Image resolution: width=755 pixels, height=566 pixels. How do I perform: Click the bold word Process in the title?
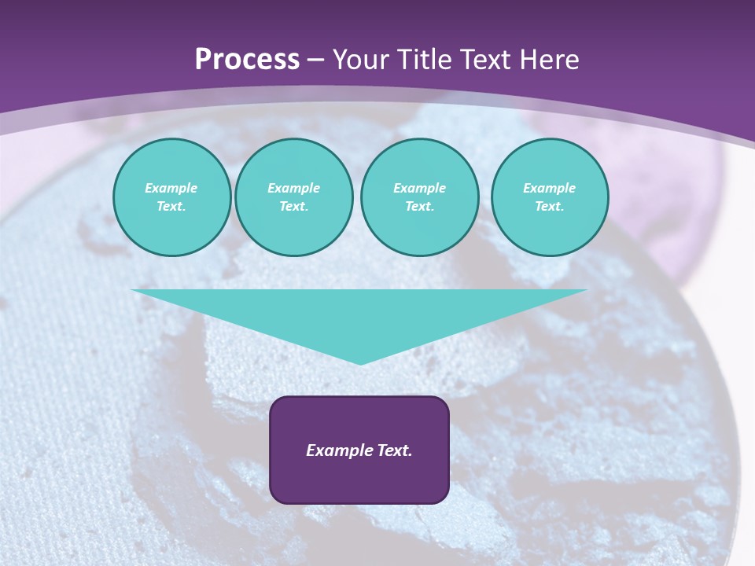tap(247, 60)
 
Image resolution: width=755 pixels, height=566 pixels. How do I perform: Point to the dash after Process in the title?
tap(316, 61)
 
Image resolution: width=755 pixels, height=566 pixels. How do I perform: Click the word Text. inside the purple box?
tap(393, 450)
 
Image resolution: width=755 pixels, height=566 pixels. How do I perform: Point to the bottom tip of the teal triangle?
tap(360, 363)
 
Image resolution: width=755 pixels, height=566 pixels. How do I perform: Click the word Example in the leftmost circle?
tap(171, 188)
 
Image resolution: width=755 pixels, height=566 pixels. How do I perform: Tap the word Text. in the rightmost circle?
tap(550, 206)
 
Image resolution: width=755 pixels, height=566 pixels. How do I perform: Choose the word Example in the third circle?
tap(419, 188)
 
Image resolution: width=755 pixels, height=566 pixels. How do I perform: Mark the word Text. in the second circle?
tap(293, 206)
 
